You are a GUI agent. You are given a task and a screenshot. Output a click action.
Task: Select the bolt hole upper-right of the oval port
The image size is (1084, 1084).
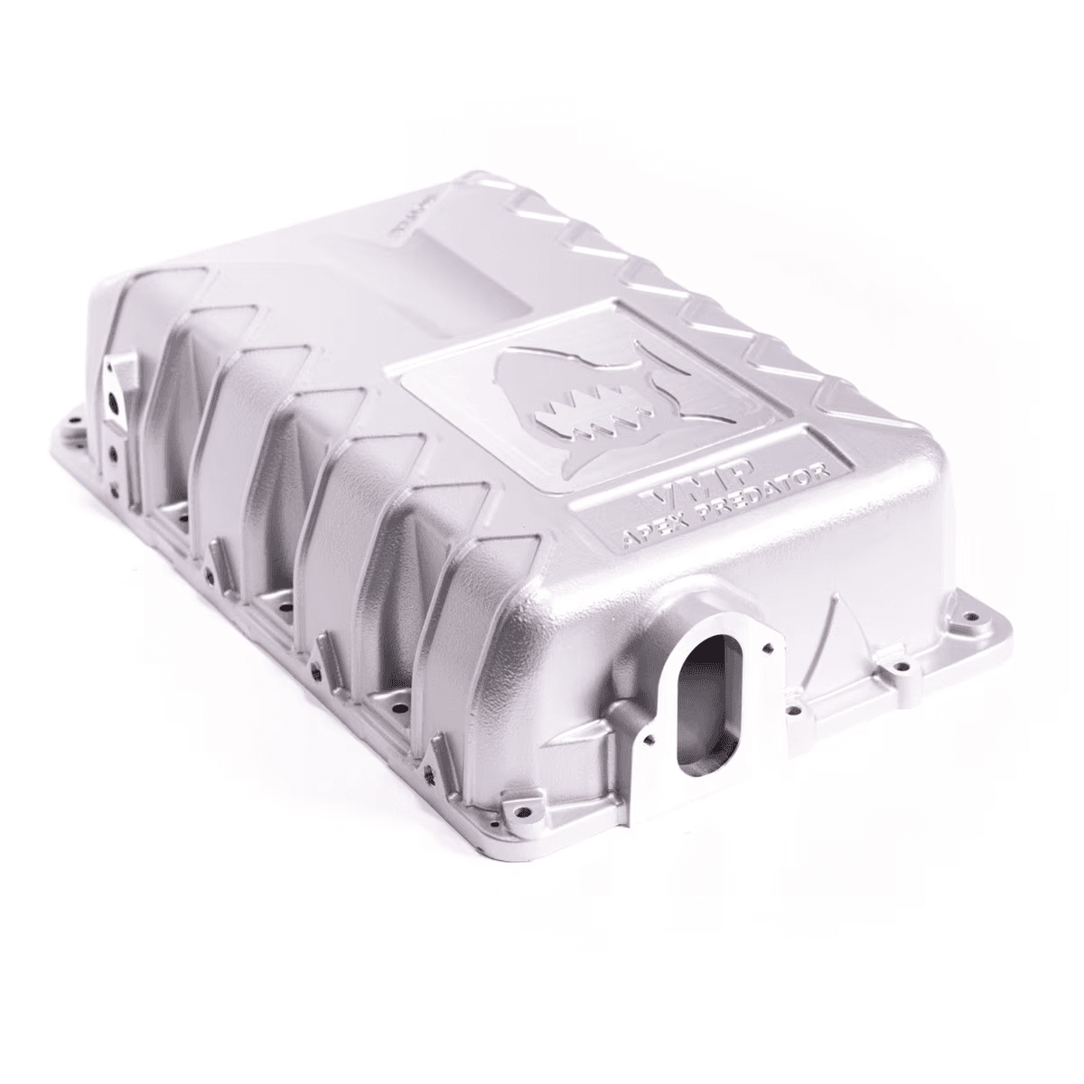(769, 647)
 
